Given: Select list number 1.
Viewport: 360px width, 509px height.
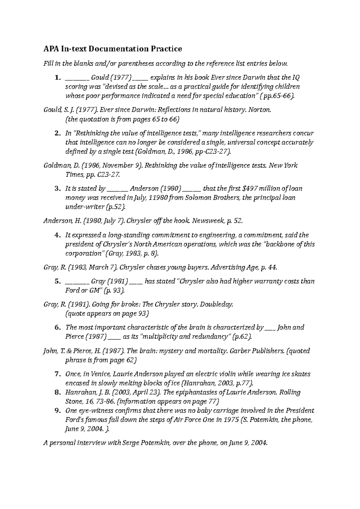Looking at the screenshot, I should coord(58,78).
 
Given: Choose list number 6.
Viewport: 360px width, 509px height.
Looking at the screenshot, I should coord(58,327).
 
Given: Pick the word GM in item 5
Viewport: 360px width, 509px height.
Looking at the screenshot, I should coord(96,290).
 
